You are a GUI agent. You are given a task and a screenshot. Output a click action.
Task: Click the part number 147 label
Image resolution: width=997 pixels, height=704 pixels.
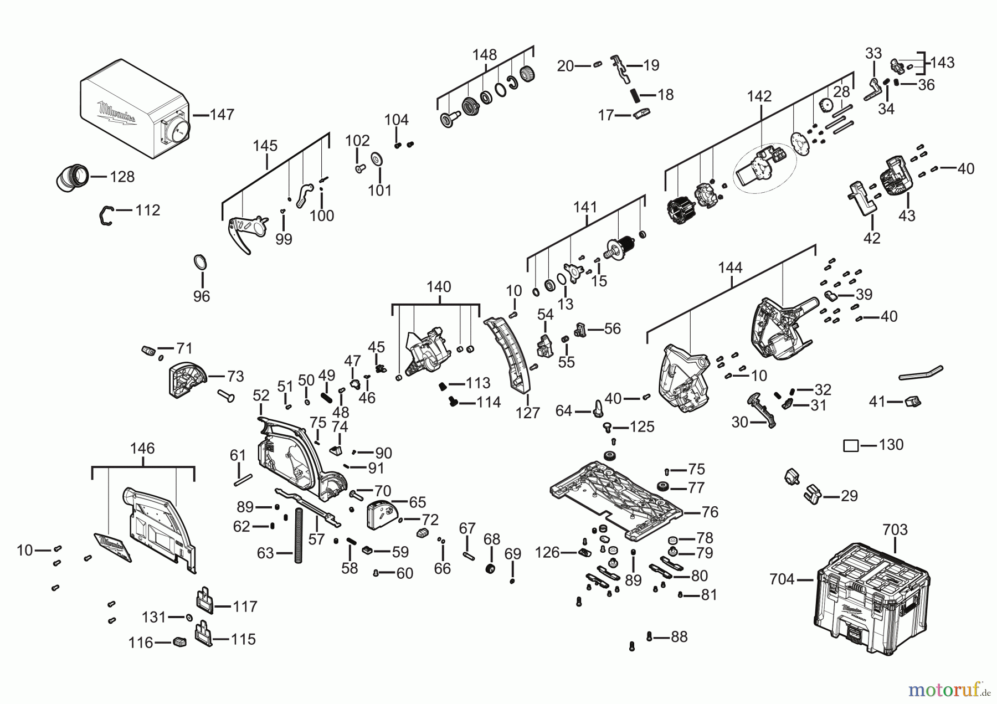[x=222, y=115]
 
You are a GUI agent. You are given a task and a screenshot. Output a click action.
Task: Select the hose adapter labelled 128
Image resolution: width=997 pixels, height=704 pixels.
[x=71, y=177]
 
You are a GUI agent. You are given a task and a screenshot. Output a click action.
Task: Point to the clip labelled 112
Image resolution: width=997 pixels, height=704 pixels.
[x=106, y=215]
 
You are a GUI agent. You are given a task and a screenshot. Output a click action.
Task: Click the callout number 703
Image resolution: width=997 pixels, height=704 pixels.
[x=895, y=530]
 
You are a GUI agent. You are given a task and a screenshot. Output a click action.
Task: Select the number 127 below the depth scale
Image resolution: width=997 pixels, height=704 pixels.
[x=527, y=413]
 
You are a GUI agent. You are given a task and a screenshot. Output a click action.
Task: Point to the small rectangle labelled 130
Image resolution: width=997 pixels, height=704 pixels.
[x=851, y=445]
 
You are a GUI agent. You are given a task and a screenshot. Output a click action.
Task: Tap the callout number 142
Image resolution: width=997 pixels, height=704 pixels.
[x=759, y=96]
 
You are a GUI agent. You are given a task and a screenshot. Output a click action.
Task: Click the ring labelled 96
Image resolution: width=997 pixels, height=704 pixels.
[x=201, y=262]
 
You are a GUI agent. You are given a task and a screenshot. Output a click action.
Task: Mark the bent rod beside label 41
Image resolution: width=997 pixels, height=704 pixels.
[x=920, y=373]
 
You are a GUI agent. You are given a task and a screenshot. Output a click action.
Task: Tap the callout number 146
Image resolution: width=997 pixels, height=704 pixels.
[x=142, y=448]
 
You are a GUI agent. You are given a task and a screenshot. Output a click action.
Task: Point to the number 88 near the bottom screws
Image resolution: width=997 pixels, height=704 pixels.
[x=679, y=637]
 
